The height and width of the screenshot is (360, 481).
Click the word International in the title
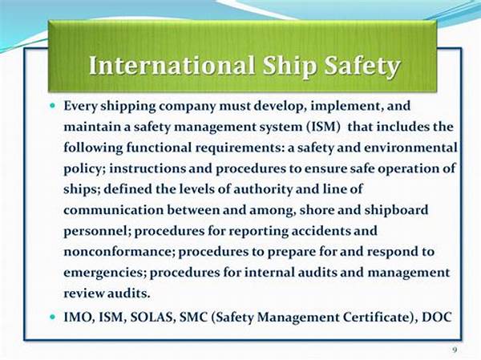coord(172,65)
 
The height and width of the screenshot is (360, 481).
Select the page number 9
coord(455,350)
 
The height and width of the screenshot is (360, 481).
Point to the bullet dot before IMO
coord(52,317)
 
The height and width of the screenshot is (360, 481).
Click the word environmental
coord(410,148)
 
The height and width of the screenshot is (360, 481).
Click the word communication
coord(113,211)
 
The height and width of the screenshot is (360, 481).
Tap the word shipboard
coord(396,210)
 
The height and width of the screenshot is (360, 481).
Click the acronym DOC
coord(437,317)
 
